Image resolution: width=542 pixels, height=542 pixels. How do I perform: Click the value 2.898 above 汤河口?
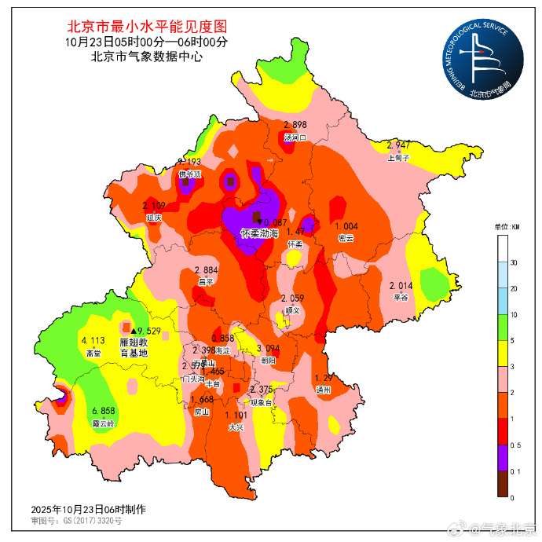pos(295,126)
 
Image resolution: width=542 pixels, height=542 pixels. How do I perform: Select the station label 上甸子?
pos(399,157)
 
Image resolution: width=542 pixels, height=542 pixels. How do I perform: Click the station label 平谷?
pos(401,297)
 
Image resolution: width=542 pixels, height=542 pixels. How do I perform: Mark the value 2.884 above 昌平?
pos(206,270)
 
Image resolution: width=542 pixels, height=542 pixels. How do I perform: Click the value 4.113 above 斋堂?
pos(93,341)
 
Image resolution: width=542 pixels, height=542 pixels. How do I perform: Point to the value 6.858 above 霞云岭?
pos(103,412)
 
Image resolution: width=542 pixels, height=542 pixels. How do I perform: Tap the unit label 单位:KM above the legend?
pos(508,227)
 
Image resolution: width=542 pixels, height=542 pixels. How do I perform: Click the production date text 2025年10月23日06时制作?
pos(88,509)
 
